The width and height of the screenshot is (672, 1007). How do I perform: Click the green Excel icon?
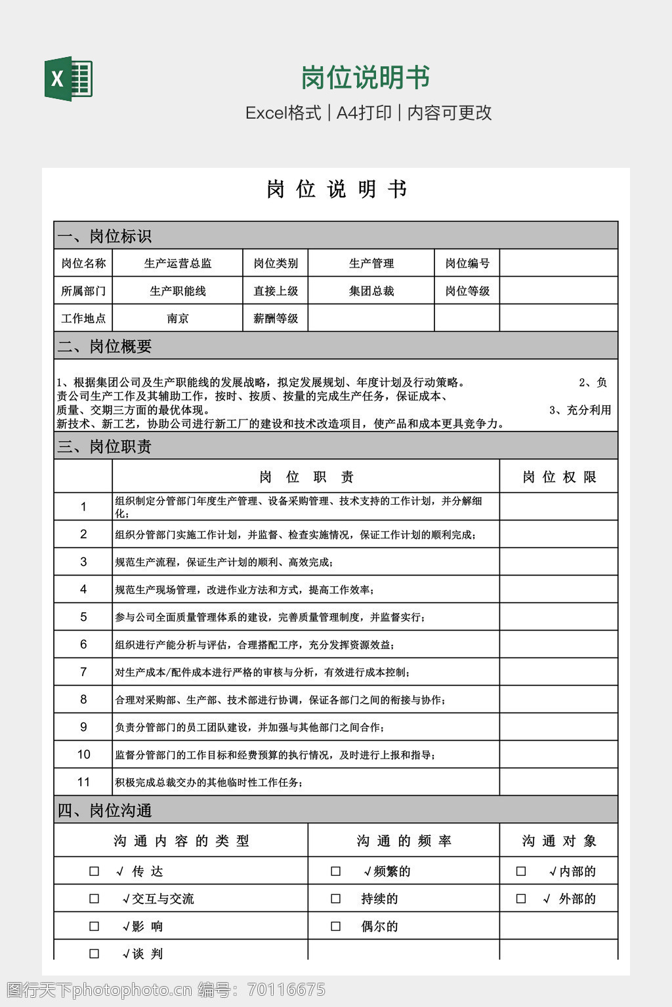click(x=68, y=79)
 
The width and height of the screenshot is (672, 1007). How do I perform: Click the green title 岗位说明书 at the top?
click(x=365, y=77)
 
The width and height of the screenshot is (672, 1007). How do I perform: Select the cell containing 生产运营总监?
click(x=178, y=264)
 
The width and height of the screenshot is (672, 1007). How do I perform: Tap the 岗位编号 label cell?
click(x=467, y=264)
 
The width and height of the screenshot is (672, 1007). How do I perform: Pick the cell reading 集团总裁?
click(x=371, y=291)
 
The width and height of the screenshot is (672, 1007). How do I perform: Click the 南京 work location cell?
click(x=178, y=319)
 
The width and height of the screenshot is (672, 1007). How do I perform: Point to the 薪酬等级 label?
click(x=276, y=319)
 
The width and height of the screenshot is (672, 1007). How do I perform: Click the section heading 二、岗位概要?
click(x=105, y=346)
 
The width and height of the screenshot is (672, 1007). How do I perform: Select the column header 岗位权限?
click(x=559, y=477)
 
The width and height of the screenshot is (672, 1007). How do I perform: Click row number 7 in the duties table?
click(x=83, y=672)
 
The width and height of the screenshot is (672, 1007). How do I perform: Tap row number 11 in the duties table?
click(x=83, y=782)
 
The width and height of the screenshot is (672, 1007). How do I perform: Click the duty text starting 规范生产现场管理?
click(x=245, y=590)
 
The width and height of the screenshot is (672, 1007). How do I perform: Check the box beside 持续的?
click(x=336, y=899)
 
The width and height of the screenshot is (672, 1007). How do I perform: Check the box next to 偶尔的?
click(x=336, y=926)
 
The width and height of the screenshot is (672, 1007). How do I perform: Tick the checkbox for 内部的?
click(x=521, y=871)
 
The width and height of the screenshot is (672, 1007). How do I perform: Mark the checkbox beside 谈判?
click(x=94, y=954)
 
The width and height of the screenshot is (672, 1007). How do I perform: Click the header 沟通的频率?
click(x=404, y=841)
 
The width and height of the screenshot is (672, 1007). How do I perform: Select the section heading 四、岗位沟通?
click(x=105, y=810)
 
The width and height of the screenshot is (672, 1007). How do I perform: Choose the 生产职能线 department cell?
click(x=178, y=291)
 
